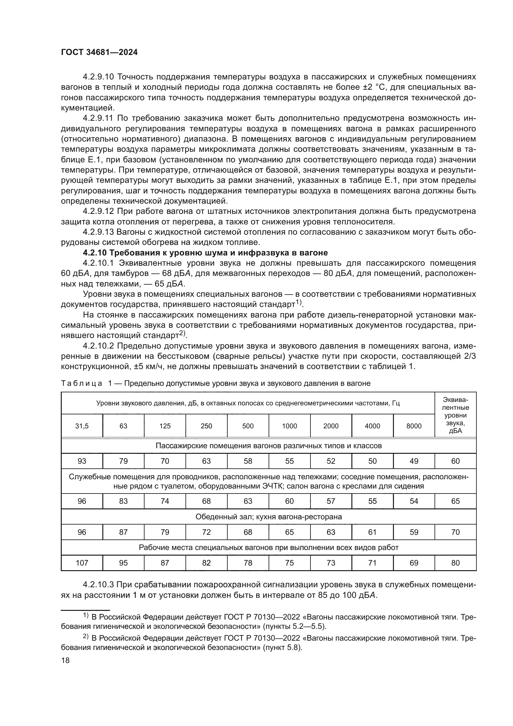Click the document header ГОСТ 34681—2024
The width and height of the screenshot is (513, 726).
[x=99, y=52]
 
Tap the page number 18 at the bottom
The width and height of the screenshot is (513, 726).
[x=65, y=660]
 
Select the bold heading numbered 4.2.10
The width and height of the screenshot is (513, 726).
[x=205, y=253]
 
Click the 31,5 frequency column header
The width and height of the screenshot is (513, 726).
[x=82, y=426]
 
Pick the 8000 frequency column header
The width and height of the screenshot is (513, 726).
[x=414, y=426]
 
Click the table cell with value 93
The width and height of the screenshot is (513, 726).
[x=82, y=461]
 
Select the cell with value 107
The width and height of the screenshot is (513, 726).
[x=82, y=563]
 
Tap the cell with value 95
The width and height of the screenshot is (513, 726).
[x=123, y=563]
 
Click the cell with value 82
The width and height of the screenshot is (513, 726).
[x=206, y=563]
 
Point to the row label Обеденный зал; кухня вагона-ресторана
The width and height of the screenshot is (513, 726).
[x=269, y=517]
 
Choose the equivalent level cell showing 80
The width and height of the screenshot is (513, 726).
[x=455, y=563]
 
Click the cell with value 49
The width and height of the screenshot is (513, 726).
[x=414, y=461]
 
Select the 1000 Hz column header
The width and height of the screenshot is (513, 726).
[x=289, y=426]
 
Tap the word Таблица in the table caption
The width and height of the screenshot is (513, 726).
[x=82, y=384]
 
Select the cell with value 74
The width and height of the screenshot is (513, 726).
[x=165, y=501]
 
